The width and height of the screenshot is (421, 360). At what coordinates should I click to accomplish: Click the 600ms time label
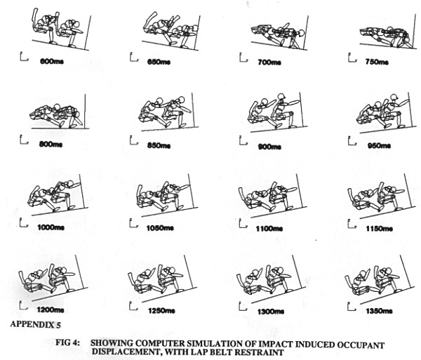(x=51, y=61)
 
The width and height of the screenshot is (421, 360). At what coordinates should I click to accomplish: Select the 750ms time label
(x=377, y=62)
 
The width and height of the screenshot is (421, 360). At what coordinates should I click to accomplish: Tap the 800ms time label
(x=51, y=144)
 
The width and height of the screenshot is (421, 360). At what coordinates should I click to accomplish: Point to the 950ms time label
(x=377, y=145)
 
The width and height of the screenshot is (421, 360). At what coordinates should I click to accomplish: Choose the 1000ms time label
(x=51, y=227)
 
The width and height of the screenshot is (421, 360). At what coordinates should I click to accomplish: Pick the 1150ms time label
(x=379, y=229)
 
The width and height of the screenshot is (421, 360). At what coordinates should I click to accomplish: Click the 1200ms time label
(x=51, y=309)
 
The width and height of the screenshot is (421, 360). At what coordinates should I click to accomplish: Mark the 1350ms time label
(x=379, y=311)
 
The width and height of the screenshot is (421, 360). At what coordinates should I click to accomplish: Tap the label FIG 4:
(x=67, y=343)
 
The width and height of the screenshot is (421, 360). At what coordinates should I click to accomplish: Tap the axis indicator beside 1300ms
(x=243, y=306)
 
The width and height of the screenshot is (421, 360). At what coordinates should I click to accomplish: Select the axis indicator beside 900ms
(x=243, y=140)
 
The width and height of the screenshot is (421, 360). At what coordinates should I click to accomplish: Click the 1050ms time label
(x=160, y=228)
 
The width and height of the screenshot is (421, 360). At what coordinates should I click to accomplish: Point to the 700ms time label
(x=269, y=62)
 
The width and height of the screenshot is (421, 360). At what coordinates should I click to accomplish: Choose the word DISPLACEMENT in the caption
(x=126, y=351)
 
